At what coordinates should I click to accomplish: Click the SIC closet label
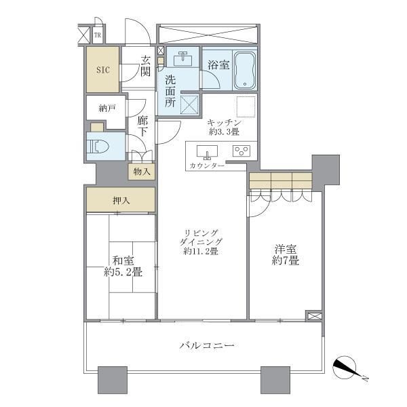tap(103, 70)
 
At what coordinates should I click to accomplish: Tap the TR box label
tap(98, 35)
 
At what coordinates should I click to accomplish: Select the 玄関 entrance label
tap(146, 66)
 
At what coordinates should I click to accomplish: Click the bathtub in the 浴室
tap(245, 70)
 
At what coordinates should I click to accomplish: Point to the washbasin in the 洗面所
tap(184, 58)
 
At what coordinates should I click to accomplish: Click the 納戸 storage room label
tap(107, 109)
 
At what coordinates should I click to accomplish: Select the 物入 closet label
tap(142, 172)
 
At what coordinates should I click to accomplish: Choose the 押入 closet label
tap(121, 201)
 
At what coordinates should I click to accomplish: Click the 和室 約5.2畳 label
tap(123, 266)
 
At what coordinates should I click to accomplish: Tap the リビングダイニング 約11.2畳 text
tap(201, 242)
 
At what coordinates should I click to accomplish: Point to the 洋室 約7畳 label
tap(286, 255)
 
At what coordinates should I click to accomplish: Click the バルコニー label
tap(207, 345)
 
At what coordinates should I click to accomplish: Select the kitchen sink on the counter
tap(207, 152)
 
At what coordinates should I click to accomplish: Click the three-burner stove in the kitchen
tap(241, 151)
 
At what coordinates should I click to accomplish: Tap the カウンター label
tap(207, 166)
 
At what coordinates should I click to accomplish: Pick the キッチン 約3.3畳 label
tap(224, 127)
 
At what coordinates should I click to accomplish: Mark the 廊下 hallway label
tap(142, 126)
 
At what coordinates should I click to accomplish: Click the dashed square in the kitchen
tap(246, 106)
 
